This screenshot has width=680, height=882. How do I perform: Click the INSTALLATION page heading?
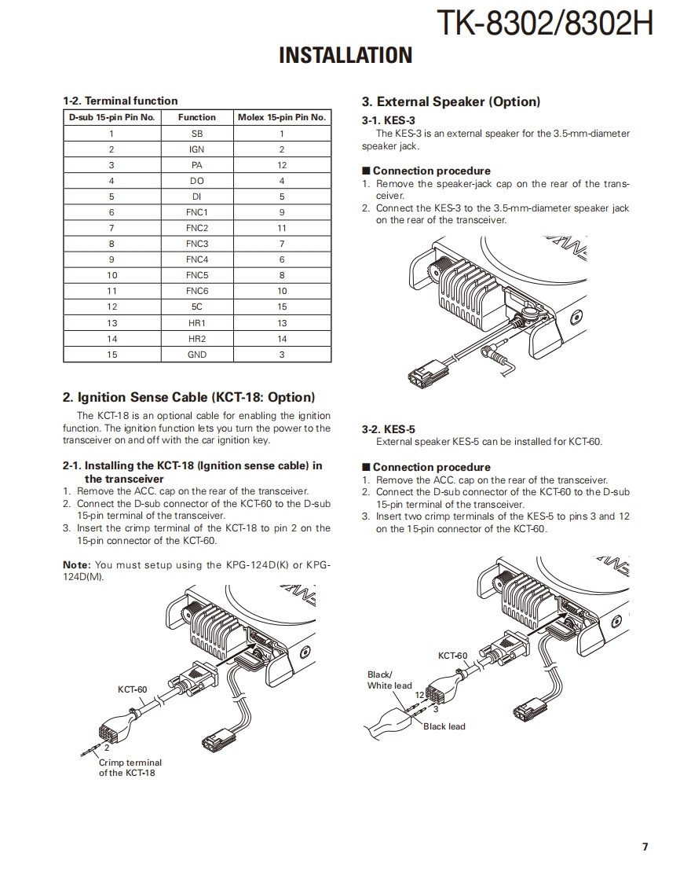(x=345, y=55)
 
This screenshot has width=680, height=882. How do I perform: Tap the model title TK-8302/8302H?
(x=544, y=23)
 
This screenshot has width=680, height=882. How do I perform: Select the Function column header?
(x=197, y=117)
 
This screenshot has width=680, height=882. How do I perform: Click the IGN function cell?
(x=197, y=149)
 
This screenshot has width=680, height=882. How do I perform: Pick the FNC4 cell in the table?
(x=197, y=259)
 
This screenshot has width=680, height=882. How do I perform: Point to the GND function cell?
(x=197, y=355)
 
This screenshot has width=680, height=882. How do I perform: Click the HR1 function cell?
(x=197, y=323)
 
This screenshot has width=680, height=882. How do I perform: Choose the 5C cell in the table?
(x=197, y=307)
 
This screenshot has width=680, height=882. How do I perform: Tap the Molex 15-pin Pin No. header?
(x=282, y=117)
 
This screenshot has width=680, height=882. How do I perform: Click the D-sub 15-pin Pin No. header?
(x=112, y=117)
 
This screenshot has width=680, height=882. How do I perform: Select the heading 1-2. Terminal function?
(x=120, y=101)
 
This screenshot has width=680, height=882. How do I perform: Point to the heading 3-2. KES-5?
(x=388, y=429)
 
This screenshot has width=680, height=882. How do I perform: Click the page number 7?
(x=645, y=847)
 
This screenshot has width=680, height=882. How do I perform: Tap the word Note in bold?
(x=76, y=564)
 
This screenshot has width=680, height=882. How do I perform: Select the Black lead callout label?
(x=444, y=726)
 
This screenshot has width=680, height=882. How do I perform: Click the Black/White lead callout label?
(x=389, y=680)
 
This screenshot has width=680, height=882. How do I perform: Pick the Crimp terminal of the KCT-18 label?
(x=130, y=767)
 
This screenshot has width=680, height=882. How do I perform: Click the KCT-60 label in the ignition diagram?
(x=132, y=689)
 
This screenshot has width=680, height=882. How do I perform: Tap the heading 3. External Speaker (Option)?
(x=451, y=101)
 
